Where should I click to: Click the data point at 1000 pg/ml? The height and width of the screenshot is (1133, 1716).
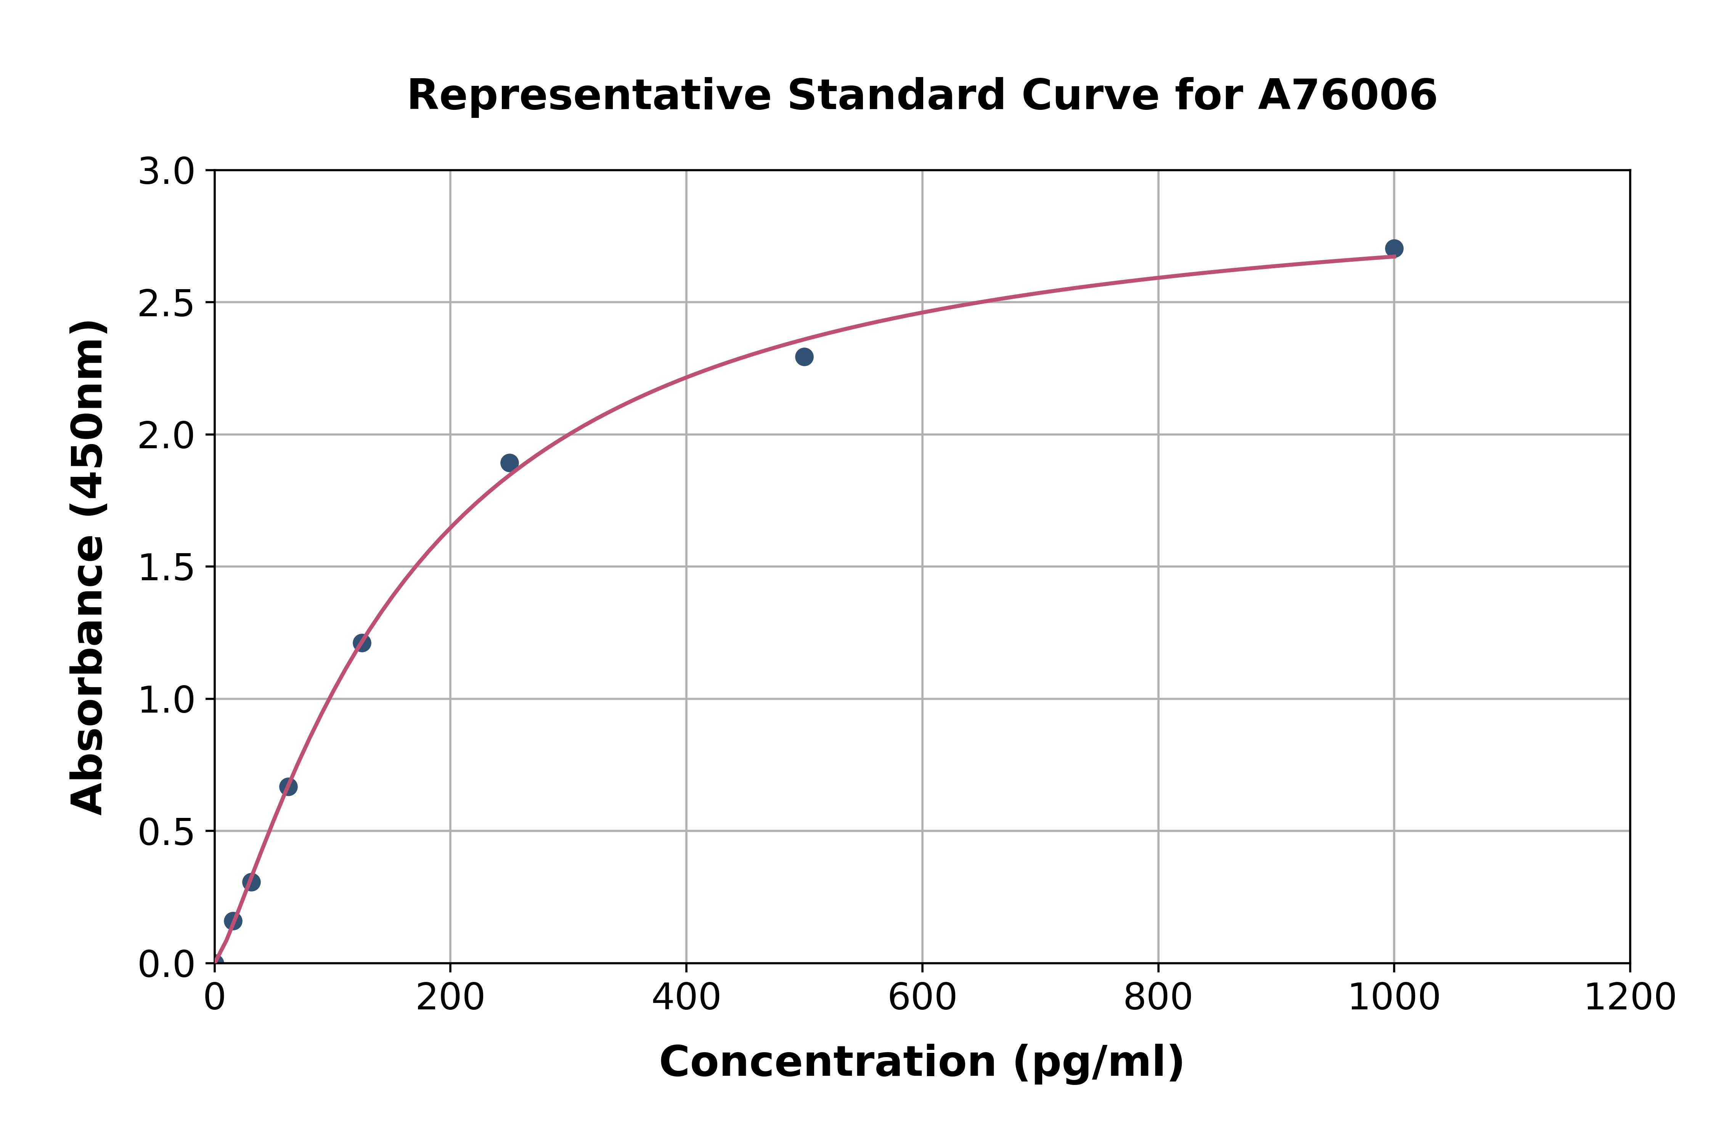(1394, 249)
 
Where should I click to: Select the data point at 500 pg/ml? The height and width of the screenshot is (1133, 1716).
(804, 357)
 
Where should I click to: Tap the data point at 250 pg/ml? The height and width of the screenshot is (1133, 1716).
(509, 462)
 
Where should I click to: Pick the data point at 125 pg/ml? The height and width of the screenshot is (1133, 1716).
(362, 643)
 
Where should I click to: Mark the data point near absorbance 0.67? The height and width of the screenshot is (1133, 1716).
(288, 787)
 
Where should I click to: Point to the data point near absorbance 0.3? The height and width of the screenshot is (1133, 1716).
(251, 882)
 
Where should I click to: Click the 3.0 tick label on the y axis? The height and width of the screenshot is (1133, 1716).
(166, 172)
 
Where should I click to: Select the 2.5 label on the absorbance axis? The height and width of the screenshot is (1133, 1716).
(166, 304)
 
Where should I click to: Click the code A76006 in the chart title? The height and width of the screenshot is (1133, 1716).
(1347, 95)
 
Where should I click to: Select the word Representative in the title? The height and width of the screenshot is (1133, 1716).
(589, 95)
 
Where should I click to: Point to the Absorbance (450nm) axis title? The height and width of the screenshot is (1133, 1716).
(88, 567)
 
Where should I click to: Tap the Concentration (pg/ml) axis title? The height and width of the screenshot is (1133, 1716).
(922, 1062)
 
